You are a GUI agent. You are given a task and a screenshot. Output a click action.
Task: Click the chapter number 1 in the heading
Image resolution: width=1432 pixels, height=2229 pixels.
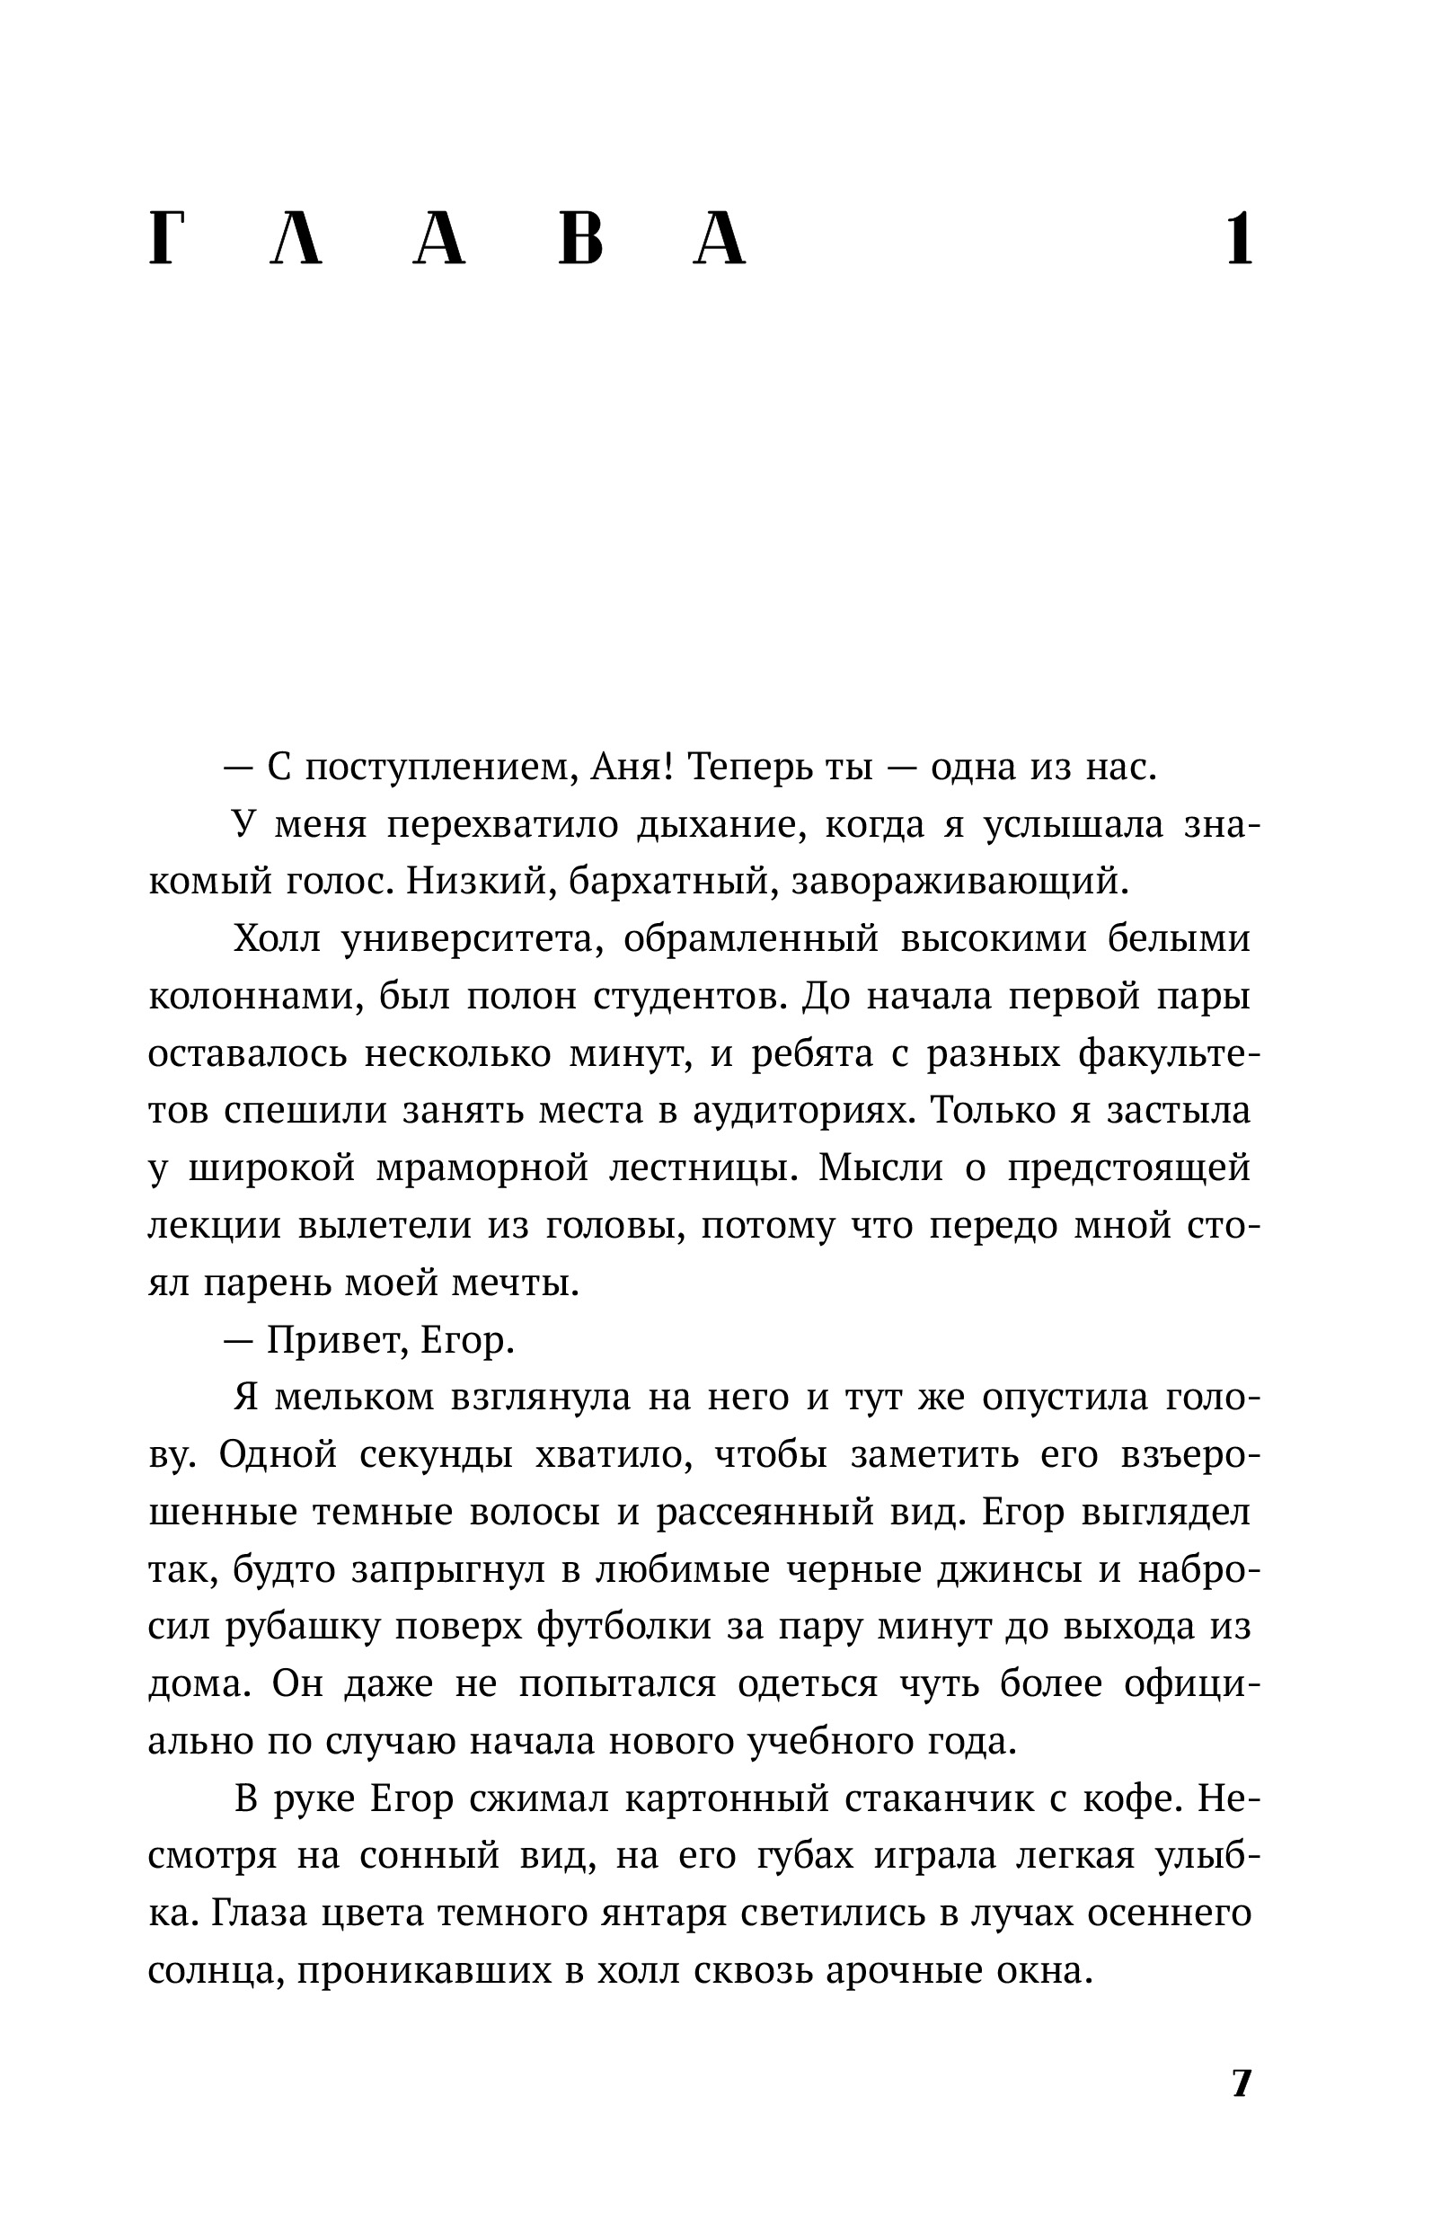pyautogui.click(x=1240, y=241)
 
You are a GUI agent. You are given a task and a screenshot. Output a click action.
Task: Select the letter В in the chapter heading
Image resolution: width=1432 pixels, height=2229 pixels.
pyautogui.click(x=582, y=241)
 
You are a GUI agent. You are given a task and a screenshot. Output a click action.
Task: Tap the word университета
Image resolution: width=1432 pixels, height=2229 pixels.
pyautogui.click(x=473, y=939)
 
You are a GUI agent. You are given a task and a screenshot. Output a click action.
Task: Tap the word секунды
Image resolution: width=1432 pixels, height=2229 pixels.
pyautogui.click(x=436, y=1455)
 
